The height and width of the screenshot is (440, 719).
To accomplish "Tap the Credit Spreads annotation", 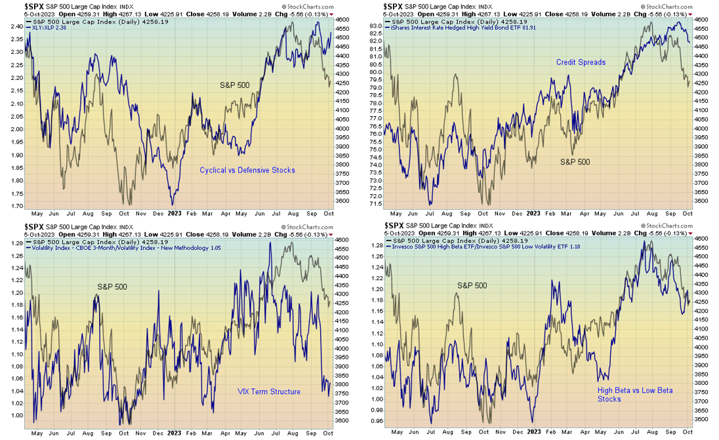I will click(581, 62).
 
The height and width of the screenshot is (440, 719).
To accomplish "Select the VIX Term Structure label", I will click(269, 391).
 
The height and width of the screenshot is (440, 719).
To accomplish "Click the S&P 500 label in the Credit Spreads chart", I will click(574, 161).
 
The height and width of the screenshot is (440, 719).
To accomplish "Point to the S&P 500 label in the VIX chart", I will click(113, 287).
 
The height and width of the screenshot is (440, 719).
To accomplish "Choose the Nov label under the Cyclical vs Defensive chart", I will click(140, 214).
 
